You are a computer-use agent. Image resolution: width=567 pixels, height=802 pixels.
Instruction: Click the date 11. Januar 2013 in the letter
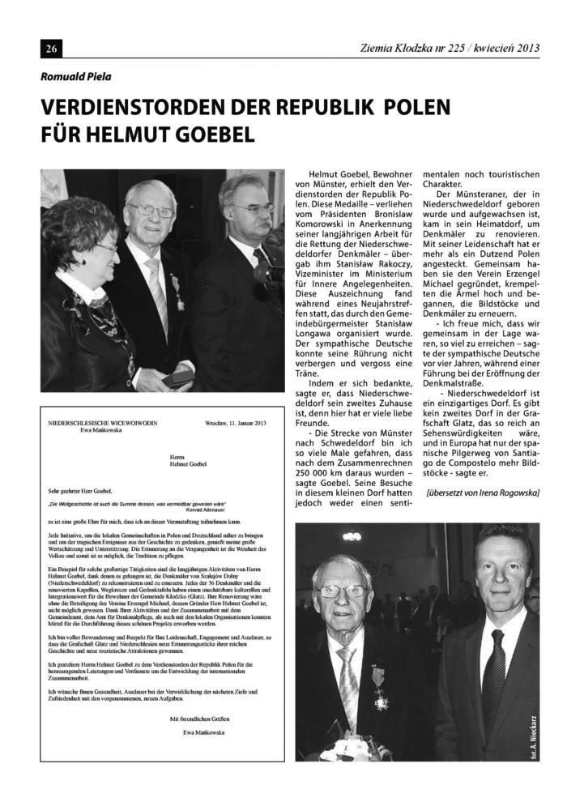[247, 423]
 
